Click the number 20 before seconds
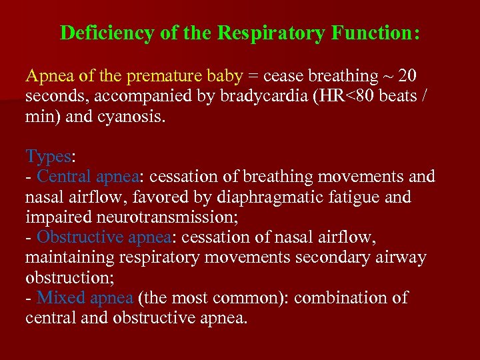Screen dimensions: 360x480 (x=407, y=77)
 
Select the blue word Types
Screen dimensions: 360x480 (x=48, y=157)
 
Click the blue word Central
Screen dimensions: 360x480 (x=65, y=177)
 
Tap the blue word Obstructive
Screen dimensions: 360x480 (x=79, y=237)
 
